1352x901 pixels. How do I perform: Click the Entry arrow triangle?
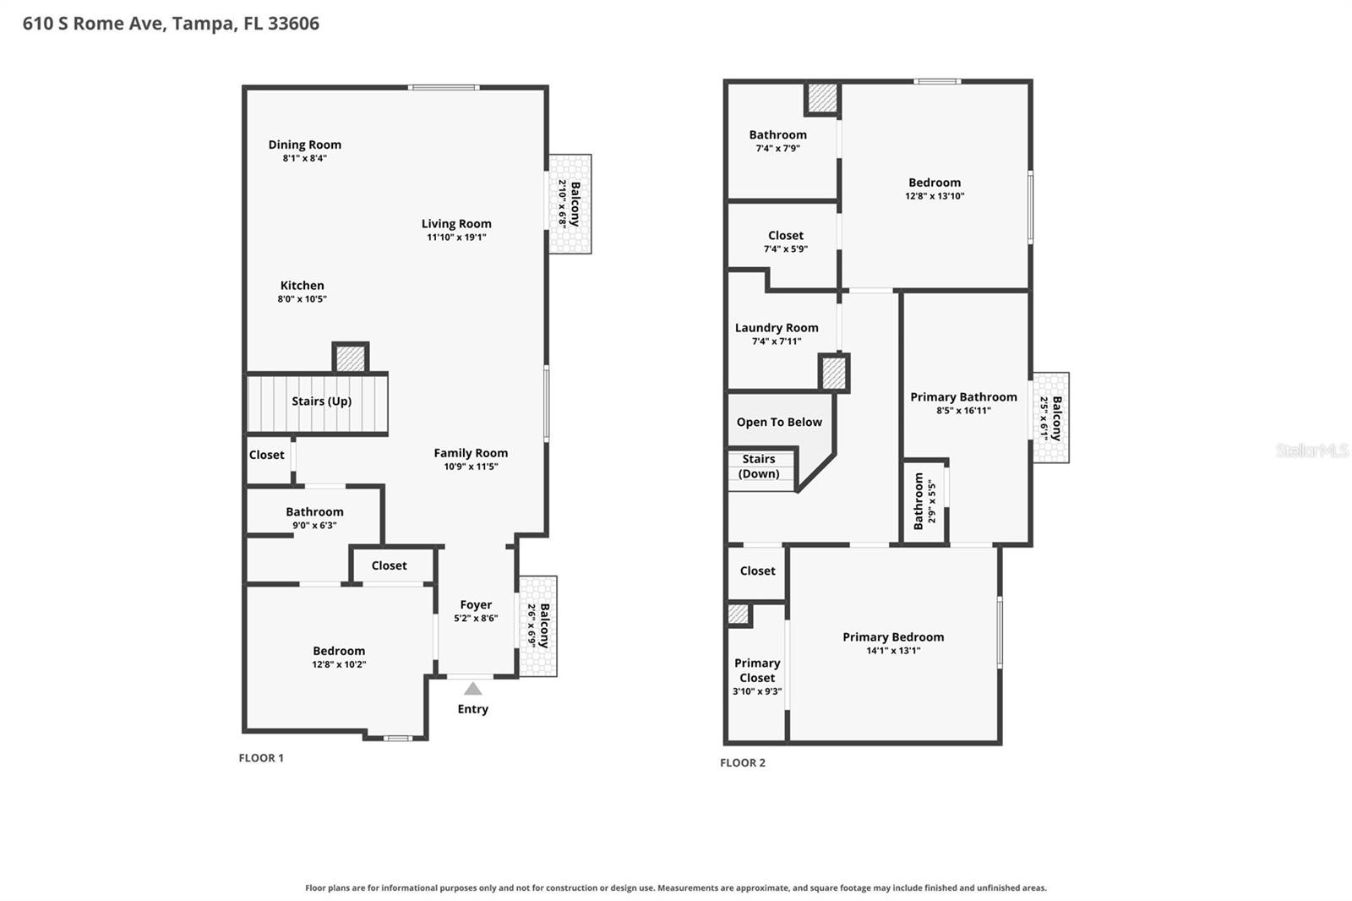pos(472,689)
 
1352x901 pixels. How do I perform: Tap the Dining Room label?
pos(305,145)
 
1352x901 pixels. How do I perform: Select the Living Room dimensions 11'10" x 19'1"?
pos(456,238)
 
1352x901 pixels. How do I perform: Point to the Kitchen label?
pos(302,285)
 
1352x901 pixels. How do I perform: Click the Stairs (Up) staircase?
pos(317,404)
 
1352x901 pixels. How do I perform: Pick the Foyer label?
pos(476,604)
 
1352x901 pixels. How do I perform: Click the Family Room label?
pos(471,453)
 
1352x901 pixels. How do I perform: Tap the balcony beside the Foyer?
pos(537,626)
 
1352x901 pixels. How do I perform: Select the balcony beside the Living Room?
pos(570,204)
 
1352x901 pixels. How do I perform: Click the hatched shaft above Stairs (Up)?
pos(351,358)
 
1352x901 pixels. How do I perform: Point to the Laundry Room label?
pos(777,328)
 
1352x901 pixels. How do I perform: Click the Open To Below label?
pos(779,422)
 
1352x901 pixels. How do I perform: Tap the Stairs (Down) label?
pos(759,467)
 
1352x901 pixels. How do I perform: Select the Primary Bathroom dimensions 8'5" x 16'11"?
pos(963,411)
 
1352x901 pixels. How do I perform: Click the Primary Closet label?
pos(757,670)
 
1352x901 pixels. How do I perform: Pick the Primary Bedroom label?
pos(893,637)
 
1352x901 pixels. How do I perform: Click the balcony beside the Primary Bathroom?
pos(1050,418)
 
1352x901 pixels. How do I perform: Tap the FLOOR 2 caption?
pos(743,762)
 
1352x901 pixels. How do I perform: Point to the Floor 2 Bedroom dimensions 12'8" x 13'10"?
pos(935,196)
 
